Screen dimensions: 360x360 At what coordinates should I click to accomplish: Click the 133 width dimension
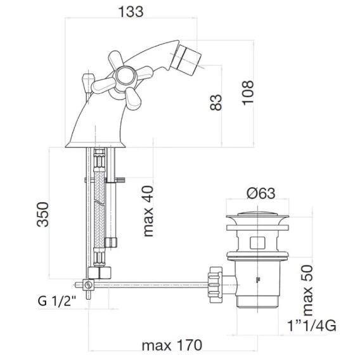(x=131, y=11)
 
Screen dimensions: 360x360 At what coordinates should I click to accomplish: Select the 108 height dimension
(x=248, y=93)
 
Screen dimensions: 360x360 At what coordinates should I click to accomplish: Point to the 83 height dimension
(x=216, y=102)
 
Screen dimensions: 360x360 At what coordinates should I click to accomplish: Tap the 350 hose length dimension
(x=42, y=214)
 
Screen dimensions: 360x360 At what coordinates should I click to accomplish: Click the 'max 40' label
(x=148, y=211)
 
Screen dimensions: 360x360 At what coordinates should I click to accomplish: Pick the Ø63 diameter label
(x=261, y=193)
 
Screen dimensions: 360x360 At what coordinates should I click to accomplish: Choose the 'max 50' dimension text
(x=307, y=290)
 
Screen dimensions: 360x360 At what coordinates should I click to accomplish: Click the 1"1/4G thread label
(x=312, y=326)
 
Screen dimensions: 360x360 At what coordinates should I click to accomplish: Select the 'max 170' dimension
(x=172, y=345)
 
